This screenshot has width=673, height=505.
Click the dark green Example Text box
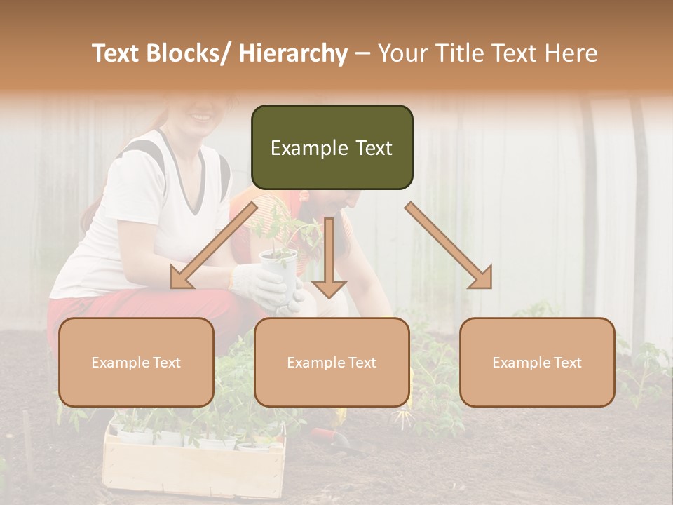(x=332, y=147)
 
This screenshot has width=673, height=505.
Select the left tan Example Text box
(x=136, y=362)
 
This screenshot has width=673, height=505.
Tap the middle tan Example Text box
(x=332, y=362)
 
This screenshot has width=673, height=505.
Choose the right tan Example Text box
(x=537, y=362)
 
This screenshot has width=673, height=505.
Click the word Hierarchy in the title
(x=293, y=53)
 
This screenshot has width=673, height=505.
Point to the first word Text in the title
(x=116, y=53)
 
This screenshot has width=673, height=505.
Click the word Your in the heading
(x=402, y=53)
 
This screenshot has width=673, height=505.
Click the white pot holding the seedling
(x=278, y=270)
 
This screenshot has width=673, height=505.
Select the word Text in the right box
(x=567, y=362)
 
